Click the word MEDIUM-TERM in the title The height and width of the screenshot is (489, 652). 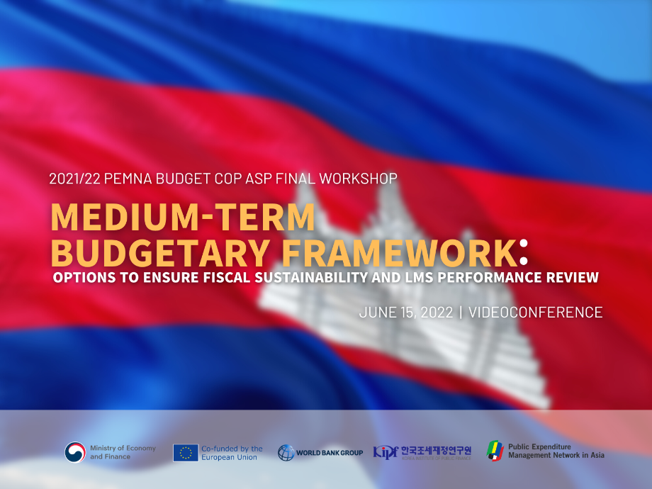(182, 218)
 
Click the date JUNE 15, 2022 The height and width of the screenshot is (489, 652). (405, 312)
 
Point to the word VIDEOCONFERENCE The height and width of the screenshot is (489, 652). (536, 312)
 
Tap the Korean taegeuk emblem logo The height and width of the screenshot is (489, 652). (75, 452)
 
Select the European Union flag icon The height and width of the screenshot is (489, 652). (186, 453)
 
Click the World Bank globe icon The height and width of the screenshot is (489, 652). (286, 453)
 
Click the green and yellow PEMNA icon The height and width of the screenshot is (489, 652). (495, 451)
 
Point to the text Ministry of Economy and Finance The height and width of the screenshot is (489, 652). (123, 452)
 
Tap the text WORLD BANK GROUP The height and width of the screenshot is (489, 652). (330, 453)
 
